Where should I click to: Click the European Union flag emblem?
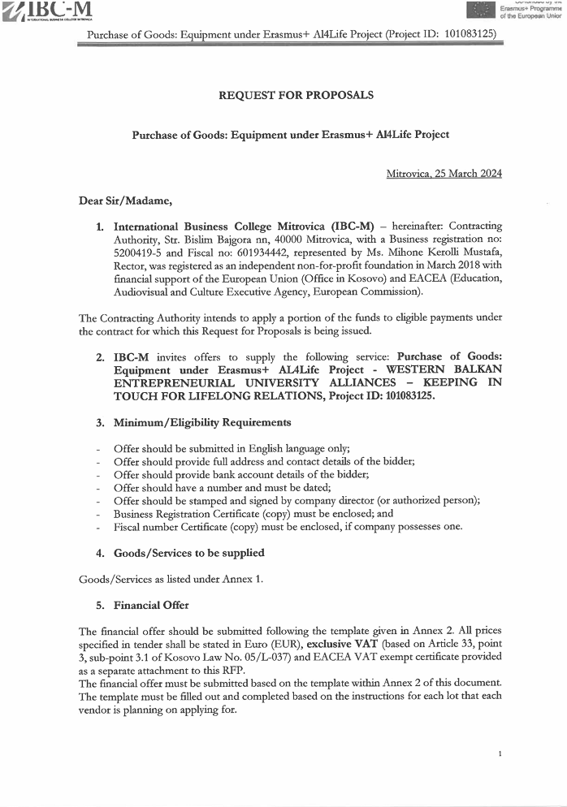point(480,10)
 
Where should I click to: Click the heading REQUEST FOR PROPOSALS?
point(296,95)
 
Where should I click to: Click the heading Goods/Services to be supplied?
point(188,553)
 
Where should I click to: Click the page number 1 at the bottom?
point(500,754)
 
